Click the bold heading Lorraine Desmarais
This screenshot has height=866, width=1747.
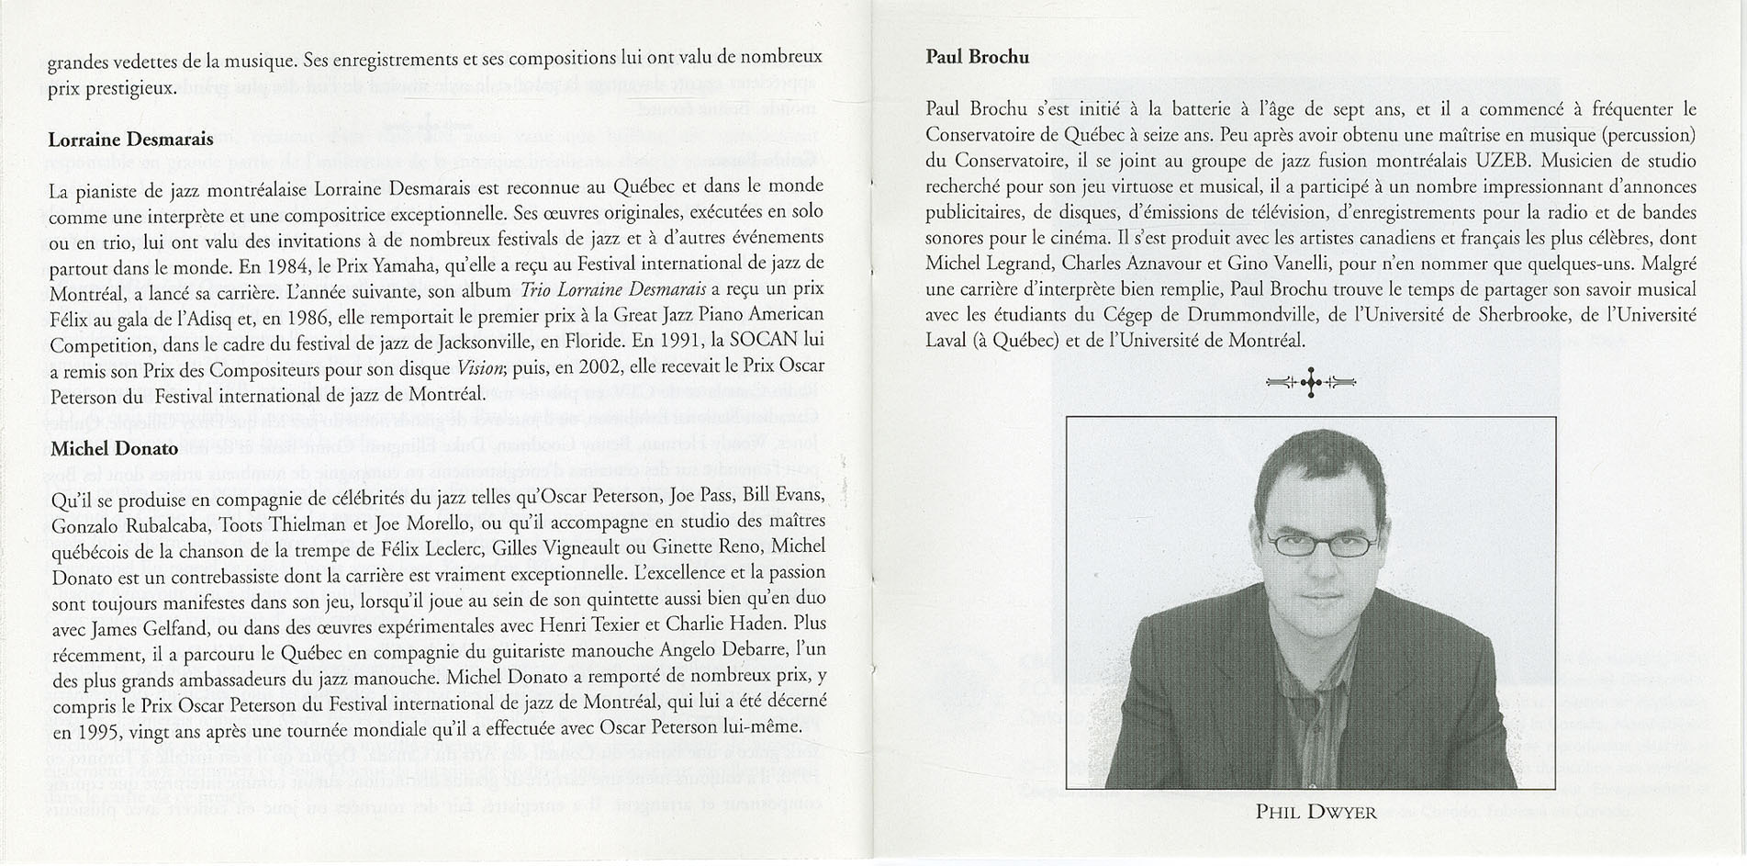click(x=130, y=140)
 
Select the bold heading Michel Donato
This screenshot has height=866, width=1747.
click(x=115, y=448)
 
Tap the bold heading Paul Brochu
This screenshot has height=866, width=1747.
click(x=977, y=57)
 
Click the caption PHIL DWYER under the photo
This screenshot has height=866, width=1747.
click(x=1316, y=812)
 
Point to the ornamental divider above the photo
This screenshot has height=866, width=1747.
click(x=1310, y=382)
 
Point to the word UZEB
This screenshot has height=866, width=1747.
click(x=1503, y=161)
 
